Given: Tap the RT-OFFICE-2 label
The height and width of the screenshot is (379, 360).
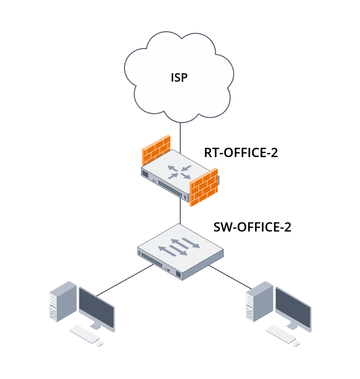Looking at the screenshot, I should pos(241,153).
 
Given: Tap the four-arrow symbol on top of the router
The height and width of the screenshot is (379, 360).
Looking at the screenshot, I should pos(179,171).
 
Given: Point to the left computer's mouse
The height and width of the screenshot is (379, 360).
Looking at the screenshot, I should pos(100,343).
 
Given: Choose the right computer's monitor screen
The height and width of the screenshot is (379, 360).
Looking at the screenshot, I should pos(293,306).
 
